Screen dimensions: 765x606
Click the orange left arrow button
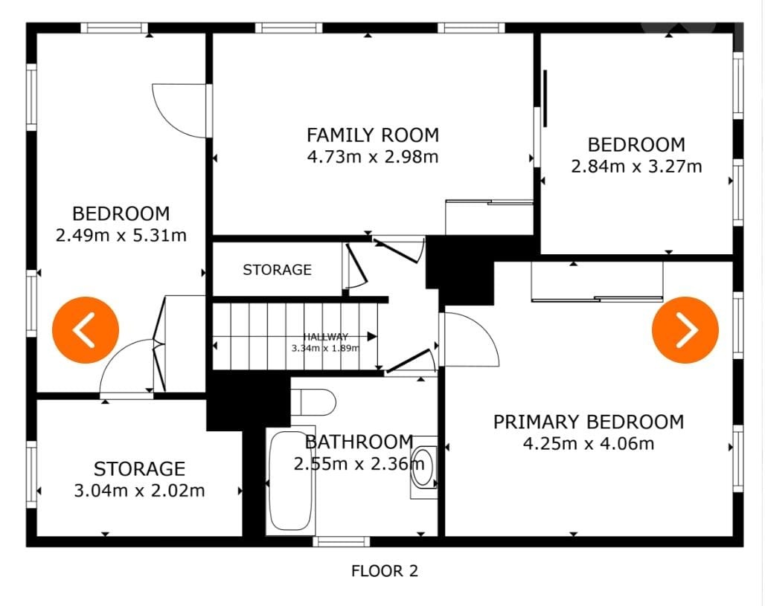tap(86, 330)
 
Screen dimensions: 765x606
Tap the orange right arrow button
tap(685, 330)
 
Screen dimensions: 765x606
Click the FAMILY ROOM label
tap(373, 135)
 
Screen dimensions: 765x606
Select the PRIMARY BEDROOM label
tap(589, 422)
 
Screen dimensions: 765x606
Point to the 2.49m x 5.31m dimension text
tap(121, 236)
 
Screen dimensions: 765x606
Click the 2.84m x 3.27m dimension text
tap(636, 167)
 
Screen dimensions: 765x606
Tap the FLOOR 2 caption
tap(385, 571)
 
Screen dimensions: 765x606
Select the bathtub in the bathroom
tap(290, 481)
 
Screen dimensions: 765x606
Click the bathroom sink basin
tap(423, 467)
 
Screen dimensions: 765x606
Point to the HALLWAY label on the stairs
tap(326, 336)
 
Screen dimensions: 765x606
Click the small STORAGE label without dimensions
tap(277, 270)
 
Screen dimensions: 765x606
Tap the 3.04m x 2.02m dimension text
tap(140, 491)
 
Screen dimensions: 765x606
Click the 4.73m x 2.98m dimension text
tap(373, 157)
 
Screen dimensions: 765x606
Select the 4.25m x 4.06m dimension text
tap(589, 444)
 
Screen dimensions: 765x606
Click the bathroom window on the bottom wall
tap(341, 541)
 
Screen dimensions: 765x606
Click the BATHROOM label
tap(359, 442)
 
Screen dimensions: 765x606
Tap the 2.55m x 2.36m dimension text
tap(359, 464)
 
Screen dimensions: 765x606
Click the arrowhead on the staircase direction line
tap(372, 336)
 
